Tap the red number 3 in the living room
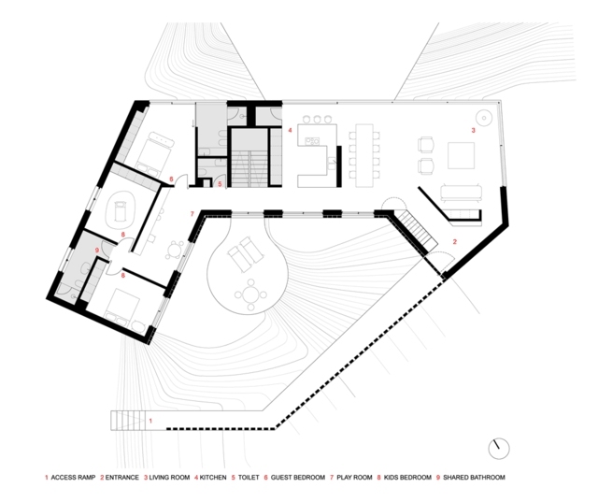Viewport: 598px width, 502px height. coord(474,131)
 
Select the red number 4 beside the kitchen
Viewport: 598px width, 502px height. coord(290,131)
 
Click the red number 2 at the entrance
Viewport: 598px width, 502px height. coord(455,242)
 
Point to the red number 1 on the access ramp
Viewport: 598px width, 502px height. coord(150,421)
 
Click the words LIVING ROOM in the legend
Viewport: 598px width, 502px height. coord(169,478)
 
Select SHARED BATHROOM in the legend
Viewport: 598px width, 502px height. coord(474,478)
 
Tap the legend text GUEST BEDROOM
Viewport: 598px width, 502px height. coord(298,478)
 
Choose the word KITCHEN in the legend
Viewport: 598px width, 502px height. coord(213,478)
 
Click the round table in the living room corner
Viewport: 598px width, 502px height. coord(484,118)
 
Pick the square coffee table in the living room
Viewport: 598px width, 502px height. coord(461,155)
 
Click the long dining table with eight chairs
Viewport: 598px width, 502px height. coord(364,155)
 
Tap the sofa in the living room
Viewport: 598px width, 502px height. coord(461,192)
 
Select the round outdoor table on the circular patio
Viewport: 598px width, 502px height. coord(250,294)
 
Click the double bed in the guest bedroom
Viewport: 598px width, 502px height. coord(153,152)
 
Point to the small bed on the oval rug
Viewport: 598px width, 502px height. coord(121,209)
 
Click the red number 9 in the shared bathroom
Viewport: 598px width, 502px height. coord(97,251)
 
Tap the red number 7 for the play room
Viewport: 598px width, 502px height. coord(192,214)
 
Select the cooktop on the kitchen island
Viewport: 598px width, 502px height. coord(311,141)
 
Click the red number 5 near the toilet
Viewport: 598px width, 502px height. coord(220,184)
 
